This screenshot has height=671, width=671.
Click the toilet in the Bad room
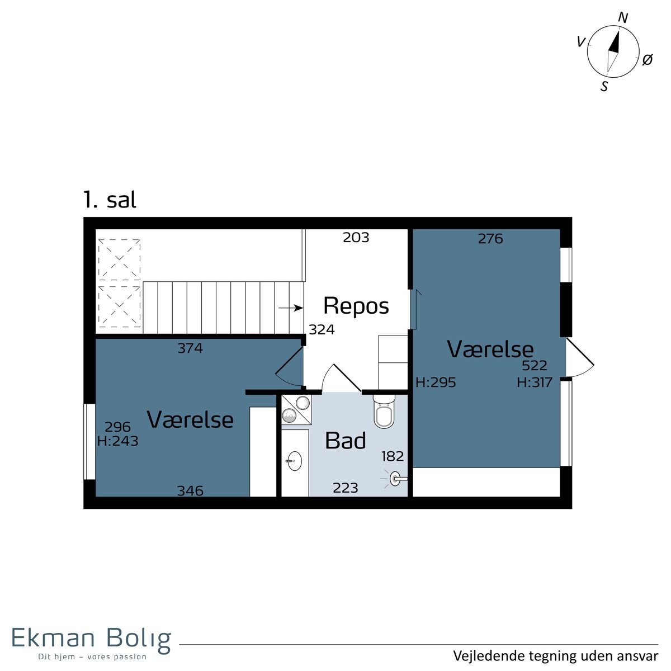coord(384,411)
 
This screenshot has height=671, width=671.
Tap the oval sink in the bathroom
coord(294,461)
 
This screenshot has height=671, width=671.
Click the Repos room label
coord(356,306)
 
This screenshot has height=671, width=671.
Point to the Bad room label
coord(345,440)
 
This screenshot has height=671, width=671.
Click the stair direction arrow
coord(290,308)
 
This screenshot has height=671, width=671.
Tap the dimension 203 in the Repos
coord(356,238)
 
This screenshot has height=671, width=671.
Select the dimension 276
coord(490,239)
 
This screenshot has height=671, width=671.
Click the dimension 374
coord(190,348)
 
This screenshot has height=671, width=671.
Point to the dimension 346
coord(190,490)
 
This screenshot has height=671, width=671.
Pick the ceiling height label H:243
coord(117,441)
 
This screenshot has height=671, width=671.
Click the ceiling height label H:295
coord(436,382)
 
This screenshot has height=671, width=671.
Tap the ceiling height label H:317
coord(535,382)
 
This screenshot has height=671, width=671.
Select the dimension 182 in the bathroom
coord(393,456)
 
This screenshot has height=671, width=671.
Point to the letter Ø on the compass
coord(648,60)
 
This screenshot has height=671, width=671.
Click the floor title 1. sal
coord(110,200)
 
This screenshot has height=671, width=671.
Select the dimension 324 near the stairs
coord(322,329)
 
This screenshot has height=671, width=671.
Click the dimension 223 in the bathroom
coord(346,488)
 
